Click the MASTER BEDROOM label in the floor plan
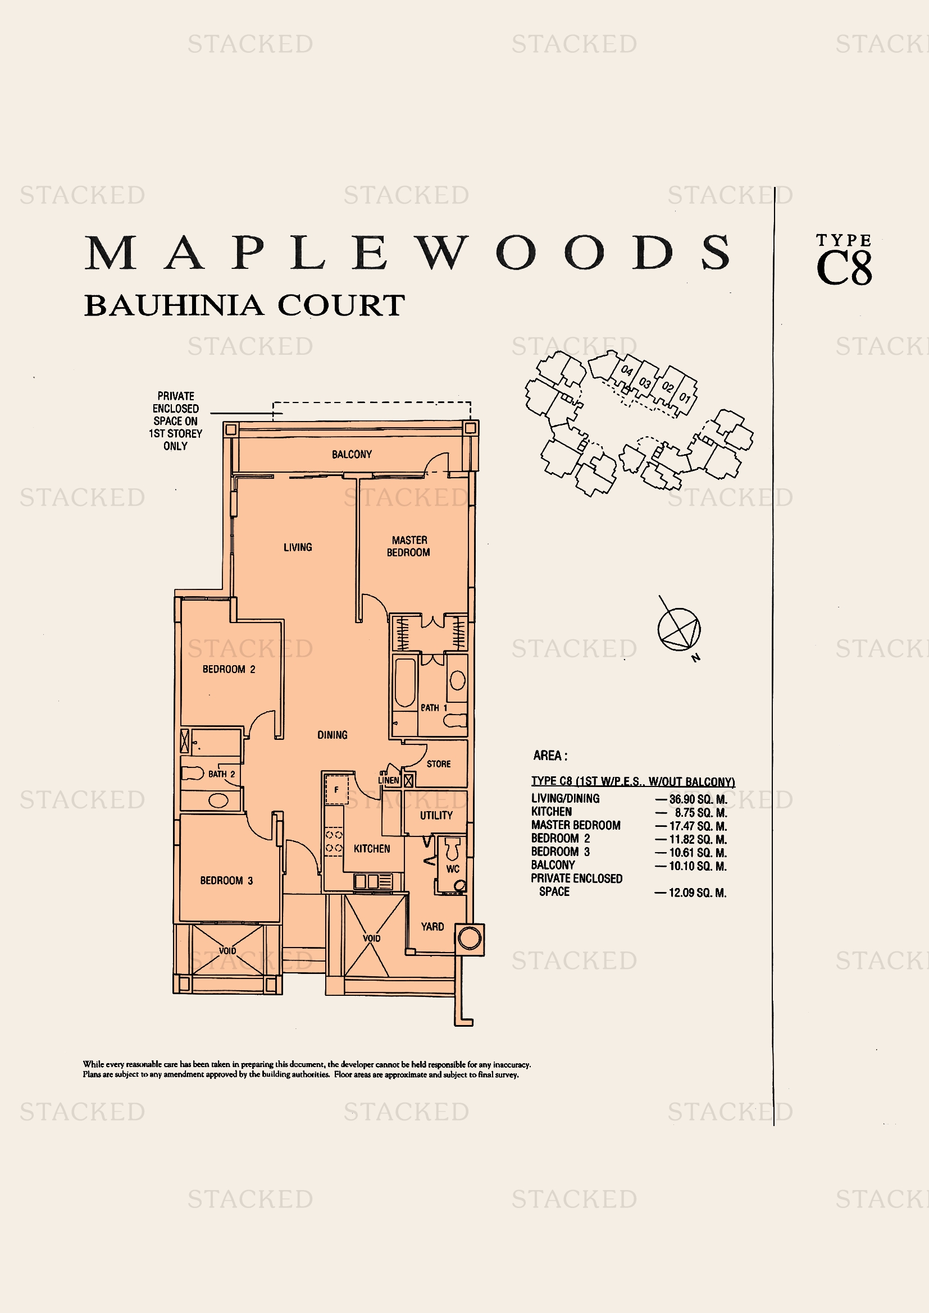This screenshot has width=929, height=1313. (408, 546)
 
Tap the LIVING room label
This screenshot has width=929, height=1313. (298, 547)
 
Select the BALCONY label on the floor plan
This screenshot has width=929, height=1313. (352, 454)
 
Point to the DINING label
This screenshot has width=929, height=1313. (333, 735)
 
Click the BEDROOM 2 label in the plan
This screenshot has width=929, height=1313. (229, 669)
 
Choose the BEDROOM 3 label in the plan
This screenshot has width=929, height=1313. (226, 881)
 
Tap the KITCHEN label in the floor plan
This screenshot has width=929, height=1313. (372, 849)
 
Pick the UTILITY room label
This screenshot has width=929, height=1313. (436, 816)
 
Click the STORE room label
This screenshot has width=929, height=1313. (439, 764)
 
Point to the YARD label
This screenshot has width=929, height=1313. (432, 926)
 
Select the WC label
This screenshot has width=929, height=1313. (453, 869)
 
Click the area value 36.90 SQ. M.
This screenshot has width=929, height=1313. (698, 799)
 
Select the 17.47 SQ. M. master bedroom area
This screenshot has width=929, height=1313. (698, 826)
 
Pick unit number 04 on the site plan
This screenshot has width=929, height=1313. (627, 370)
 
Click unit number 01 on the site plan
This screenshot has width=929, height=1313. (685, 397)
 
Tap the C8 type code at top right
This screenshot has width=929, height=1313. (844, 268)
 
